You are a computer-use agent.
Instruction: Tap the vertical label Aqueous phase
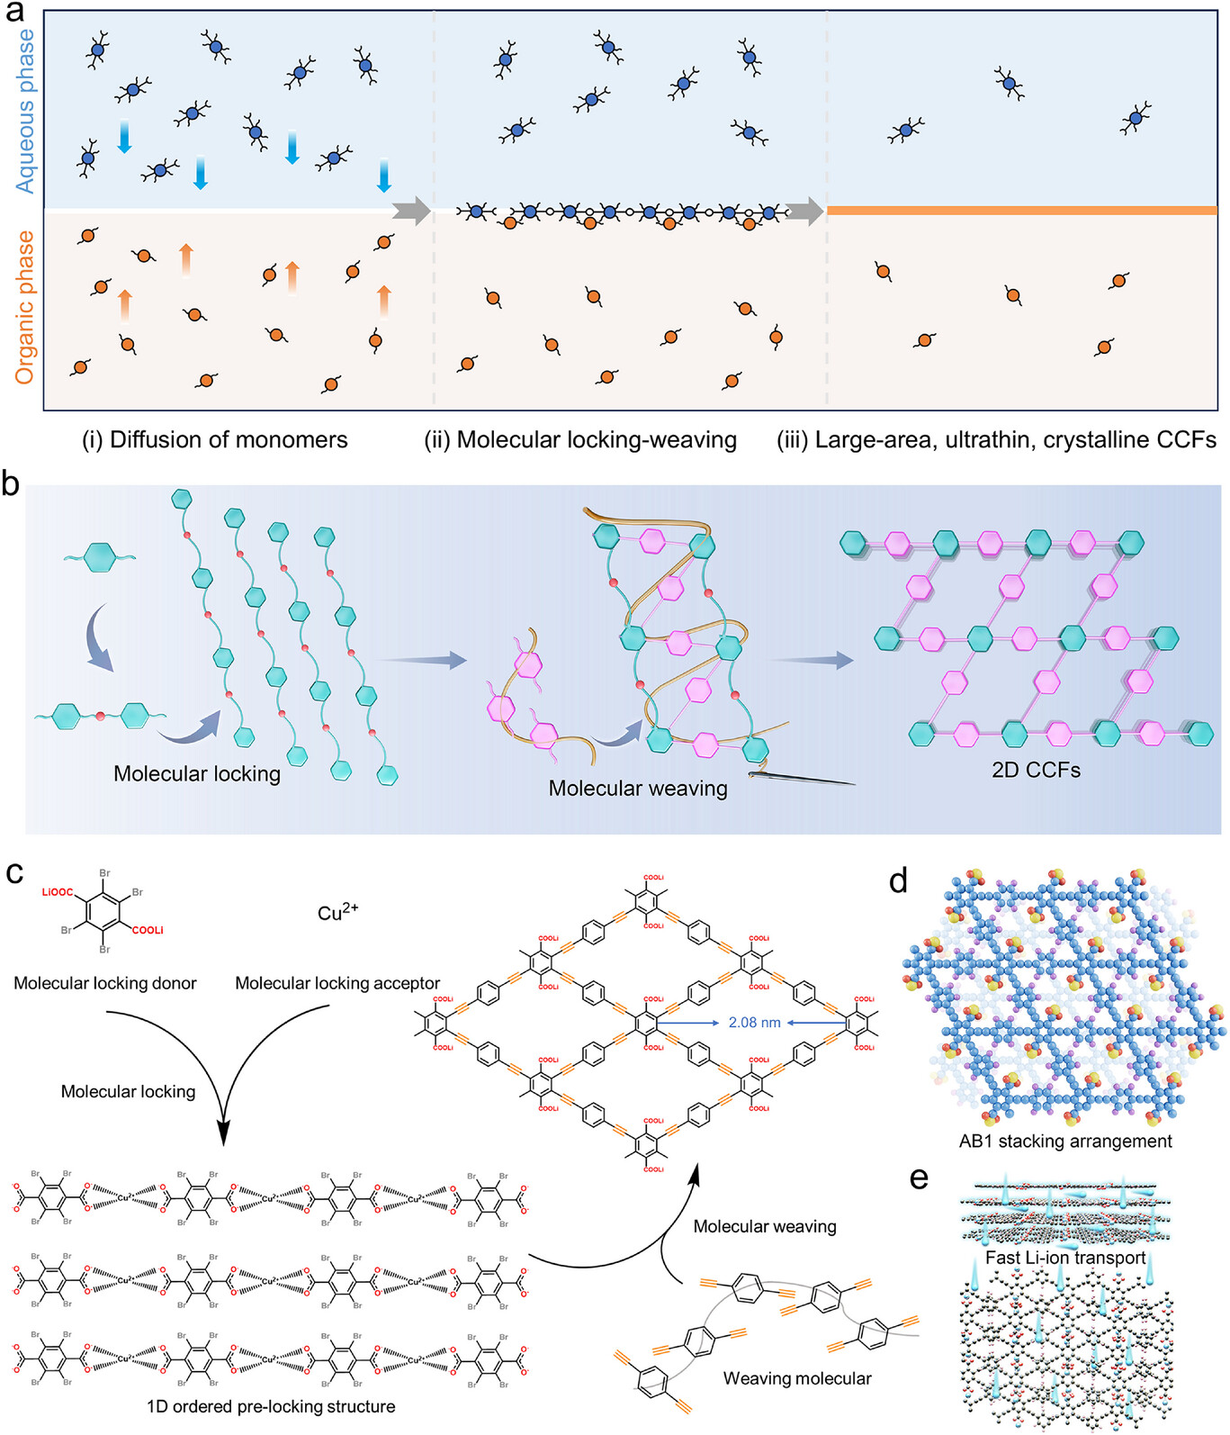pyautogui.click(x=26, y=111)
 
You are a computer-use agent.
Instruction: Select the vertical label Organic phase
pyautogui.click(x=25, y=307)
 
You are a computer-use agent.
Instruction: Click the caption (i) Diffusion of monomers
pyautogui.click(x=215, y=440)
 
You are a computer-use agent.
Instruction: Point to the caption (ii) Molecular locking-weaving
pyautogui.click(x=580, y=440)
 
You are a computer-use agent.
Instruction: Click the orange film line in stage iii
pyautogui.click(x=1021, y=211)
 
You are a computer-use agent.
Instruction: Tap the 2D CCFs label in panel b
pyautogui.click(x=1036, y=771)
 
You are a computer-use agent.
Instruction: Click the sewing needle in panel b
pyautogui.click(x=801, y=778)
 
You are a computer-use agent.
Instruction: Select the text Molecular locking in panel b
pyautogui.click(x=197, y=774)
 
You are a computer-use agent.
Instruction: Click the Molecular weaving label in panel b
pyautogui.click(x=638, y=789)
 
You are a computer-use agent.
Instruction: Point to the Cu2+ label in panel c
pyautogui.click(x=338, y=913)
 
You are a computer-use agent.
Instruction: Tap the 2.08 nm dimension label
pyautogui.click(x=754, y=1023)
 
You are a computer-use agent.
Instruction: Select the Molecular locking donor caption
pyautogui.click(x=105, y=984)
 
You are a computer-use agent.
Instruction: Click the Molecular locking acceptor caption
pyautogui.click(x=337, y=984)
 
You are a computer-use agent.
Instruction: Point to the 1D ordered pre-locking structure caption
pyautogui.click(x=271, y=1406)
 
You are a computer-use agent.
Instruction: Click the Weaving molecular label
pyautogui.click(x=797, y=1378)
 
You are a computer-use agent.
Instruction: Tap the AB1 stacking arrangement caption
pyautogui.click(x=1065, y=1142)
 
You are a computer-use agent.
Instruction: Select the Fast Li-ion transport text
pyautogui.click(x=1065, y=1258)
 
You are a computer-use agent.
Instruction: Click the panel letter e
pyautogui.click(x=919, y=1178)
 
